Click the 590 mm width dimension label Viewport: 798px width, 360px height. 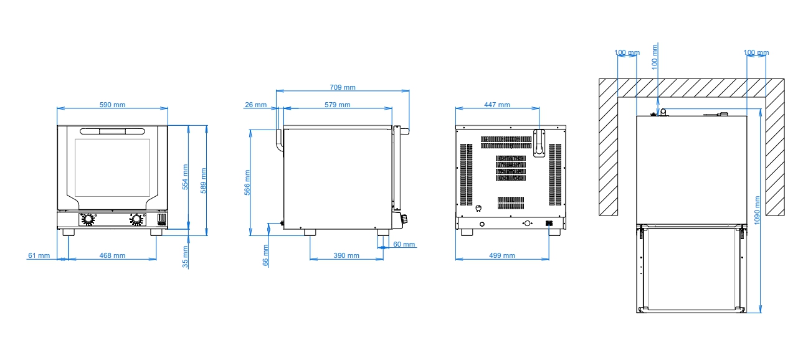click(x=112, y=105)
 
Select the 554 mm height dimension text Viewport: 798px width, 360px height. click(x=185, y=177)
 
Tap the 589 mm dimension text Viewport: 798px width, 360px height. click(x=204, y=181)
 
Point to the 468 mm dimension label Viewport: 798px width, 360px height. click(x=112, y=255)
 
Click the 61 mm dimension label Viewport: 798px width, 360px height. click(x=39, y=255)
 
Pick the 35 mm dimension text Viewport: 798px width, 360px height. click(x=185, y=257)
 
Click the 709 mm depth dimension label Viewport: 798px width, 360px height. click(x=343, y=87)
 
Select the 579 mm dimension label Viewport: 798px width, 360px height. click(x=338, y=105)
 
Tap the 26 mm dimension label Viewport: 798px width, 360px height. click(x=256, y=105)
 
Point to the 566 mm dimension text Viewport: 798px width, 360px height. click(x=247, y=182)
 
